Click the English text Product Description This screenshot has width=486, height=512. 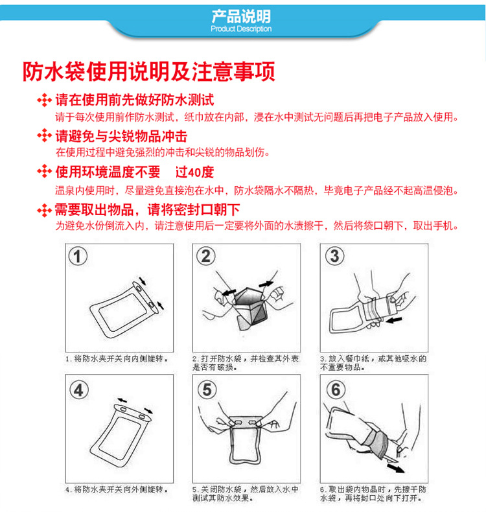[x=241, y=29]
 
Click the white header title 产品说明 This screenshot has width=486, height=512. [x=241, y=16]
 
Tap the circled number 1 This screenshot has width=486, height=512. [x=78, y=257]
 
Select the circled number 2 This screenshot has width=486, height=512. [x=205, y=256]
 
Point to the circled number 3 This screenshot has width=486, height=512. [x=334, y=256]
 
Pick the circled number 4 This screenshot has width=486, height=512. [x=78, y=390]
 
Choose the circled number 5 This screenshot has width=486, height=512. [x=207, y=390]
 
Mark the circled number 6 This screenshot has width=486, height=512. [x=336, y=390]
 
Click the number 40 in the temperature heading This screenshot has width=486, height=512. [x=193, y=172]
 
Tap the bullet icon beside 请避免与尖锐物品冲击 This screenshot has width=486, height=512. [x=45, y=135]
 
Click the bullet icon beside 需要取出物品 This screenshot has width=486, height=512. [x=45, y=210]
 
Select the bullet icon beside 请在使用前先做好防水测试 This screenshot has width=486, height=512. [x=45, y=100]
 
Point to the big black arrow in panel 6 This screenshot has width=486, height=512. [x=395, y=468]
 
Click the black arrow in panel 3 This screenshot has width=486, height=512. [x=394, y=320]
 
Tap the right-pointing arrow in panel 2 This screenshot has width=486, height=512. [x=266, y=284]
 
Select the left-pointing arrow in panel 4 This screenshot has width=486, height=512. [x=122, y=401]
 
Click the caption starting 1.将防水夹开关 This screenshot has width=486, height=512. [x=117, y=359]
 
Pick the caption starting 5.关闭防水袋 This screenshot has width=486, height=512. [x=246, y=494]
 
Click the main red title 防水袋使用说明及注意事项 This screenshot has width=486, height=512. [x=149, y=71]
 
